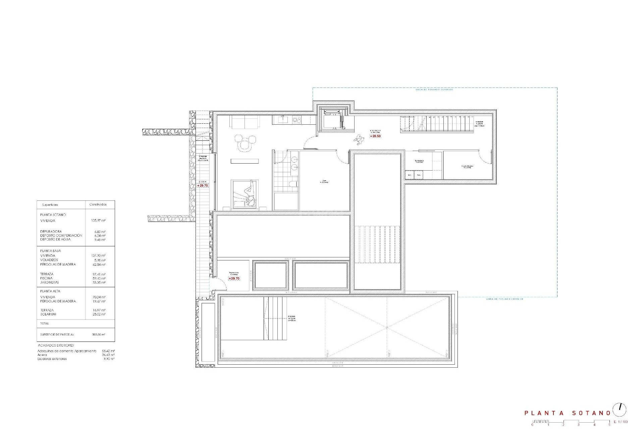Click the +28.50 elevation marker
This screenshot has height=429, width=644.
coord(375,136)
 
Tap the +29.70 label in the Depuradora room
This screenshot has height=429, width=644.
coord(234,279)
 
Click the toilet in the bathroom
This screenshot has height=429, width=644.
coord(292,183)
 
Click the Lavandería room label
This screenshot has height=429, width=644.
coord(419,161)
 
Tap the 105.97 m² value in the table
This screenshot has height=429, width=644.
coord(98,221)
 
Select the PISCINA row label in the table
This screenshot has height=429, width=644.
coord(46,278)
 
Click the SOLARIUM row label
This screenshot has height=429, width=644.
coord(48,314)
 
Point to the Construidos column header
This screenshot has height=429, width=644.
coord(98,204)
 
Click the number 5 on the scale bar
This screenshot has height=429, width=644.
coord(609,425)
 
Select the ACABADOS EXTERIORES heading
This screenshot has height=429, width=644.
coord(56,345)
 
